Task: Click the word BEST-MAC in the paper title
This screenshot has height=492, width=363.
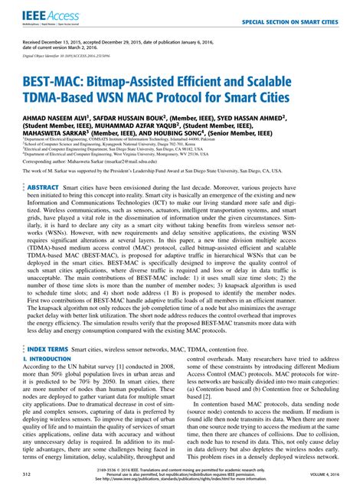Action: [54, 83]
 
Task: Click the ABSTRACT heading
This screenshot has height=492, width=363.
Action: [44, 187]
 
